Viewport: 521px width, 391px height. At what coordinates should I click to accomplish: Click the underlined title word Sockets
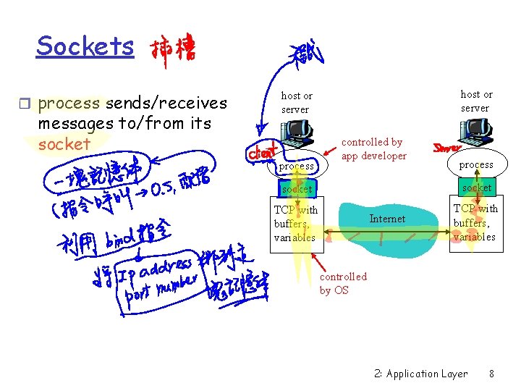[x=85, y=46]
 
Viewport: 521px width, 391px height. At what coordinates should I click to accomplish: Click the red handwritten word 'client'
[x=263, y=154]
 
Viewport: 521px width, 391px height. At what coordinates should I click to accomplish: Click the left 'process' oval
[x=297, y=166]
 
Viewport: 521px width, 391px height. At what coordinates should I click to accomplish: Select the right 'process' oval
[x=476, y=164]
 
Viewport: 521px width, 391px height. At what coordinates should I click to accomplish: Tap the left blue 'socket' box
[x=297, y=189]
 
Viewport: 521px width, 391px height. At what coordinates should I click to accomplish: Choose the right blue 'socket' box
[x=476, y=188]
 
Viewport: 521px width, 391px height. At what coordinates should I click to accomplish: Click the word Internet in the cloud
[x=387, y=219]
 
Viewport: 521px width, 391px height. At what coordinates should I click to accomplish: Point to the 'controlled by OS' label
[x=343, y=283]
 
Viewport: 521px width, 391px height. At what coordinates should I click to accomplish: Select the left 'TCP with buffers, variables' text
[x=295, y=223]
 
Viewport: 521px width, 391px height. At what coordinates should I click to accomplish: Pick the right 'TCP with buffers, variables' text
[x=475, y=222]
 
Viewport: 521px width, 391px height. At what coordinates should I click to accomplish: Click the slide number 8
[x=491, y=374]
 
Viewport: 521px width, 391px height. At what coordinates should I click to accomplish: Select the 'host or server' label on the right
[x=475, y=101]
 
